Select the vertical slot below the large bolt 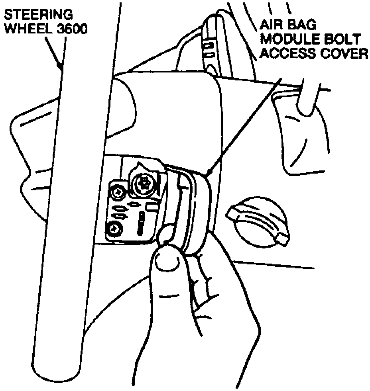[142, 223]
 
